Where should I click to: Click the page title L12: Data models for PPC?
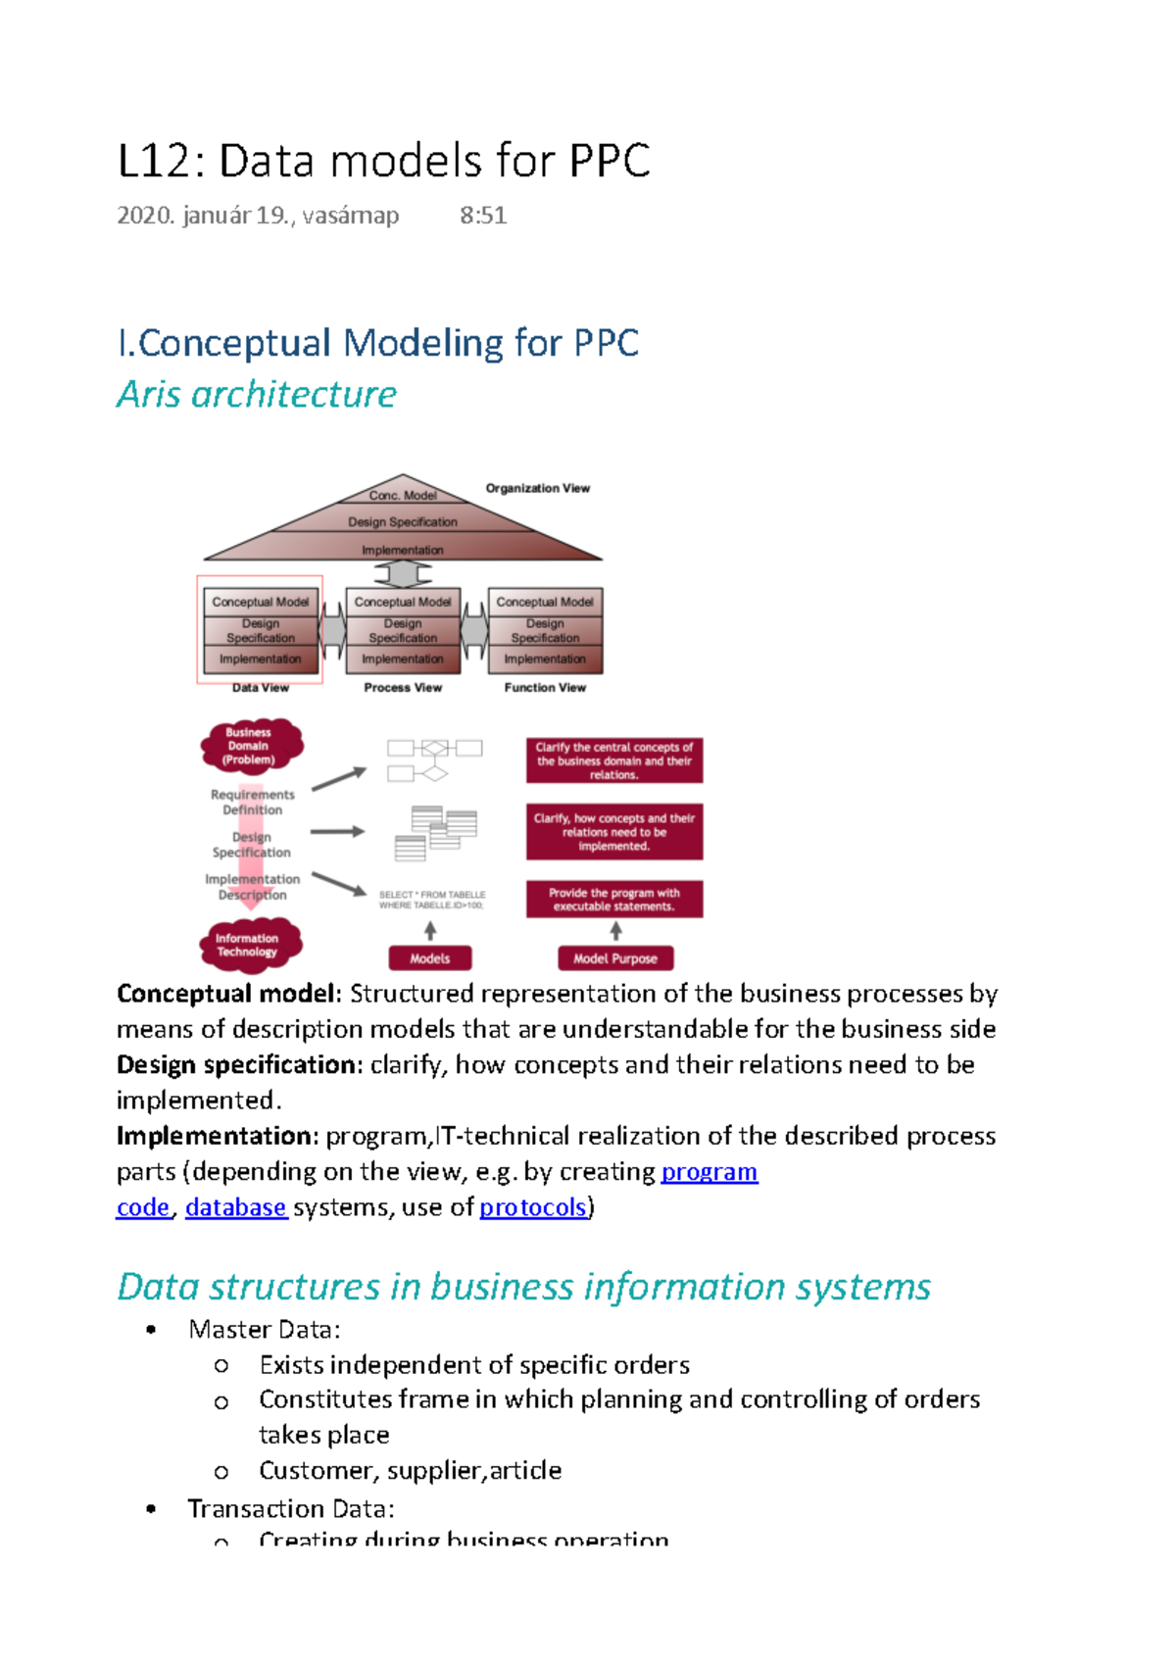click(x=383, y=161)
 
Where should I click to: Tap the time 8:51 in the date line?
click(x=483, y=216)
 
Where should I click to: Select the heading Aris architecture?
click(x=257, y=394)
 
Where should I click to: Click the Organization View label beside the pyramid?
click(x=537, y=488)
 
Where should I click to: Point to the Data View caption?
click(x=261, y=688)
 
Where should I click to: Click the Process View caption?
click(x=403, y=688)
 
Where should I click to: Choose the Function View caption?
click(x=545, y=688)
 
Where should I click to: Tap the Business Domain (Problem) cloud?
click(x=250, y=746)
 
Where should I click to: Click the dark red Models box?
click(x=429, y=958)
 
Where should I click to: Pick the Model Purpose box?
click(x=614, y=958)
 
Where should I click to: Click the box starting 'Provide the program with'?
click(x=613, y=900)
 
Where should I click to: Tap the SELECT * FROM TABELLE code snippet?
click(x=432, y=900)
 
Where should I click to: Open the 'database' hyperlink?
click(x=235, y=1207)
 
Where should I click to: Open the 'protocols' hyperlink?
click(x=533, y=1207)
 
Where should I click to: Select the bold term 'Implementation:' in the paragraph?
click(x=218, y=1137)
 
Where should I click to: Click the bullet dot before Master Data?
click(x=151, y=1330)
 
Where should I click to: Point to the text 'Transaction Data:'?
click(x=291, y=1509)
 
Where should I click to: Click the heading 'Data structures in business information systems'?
click(x=523, y=1287)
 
